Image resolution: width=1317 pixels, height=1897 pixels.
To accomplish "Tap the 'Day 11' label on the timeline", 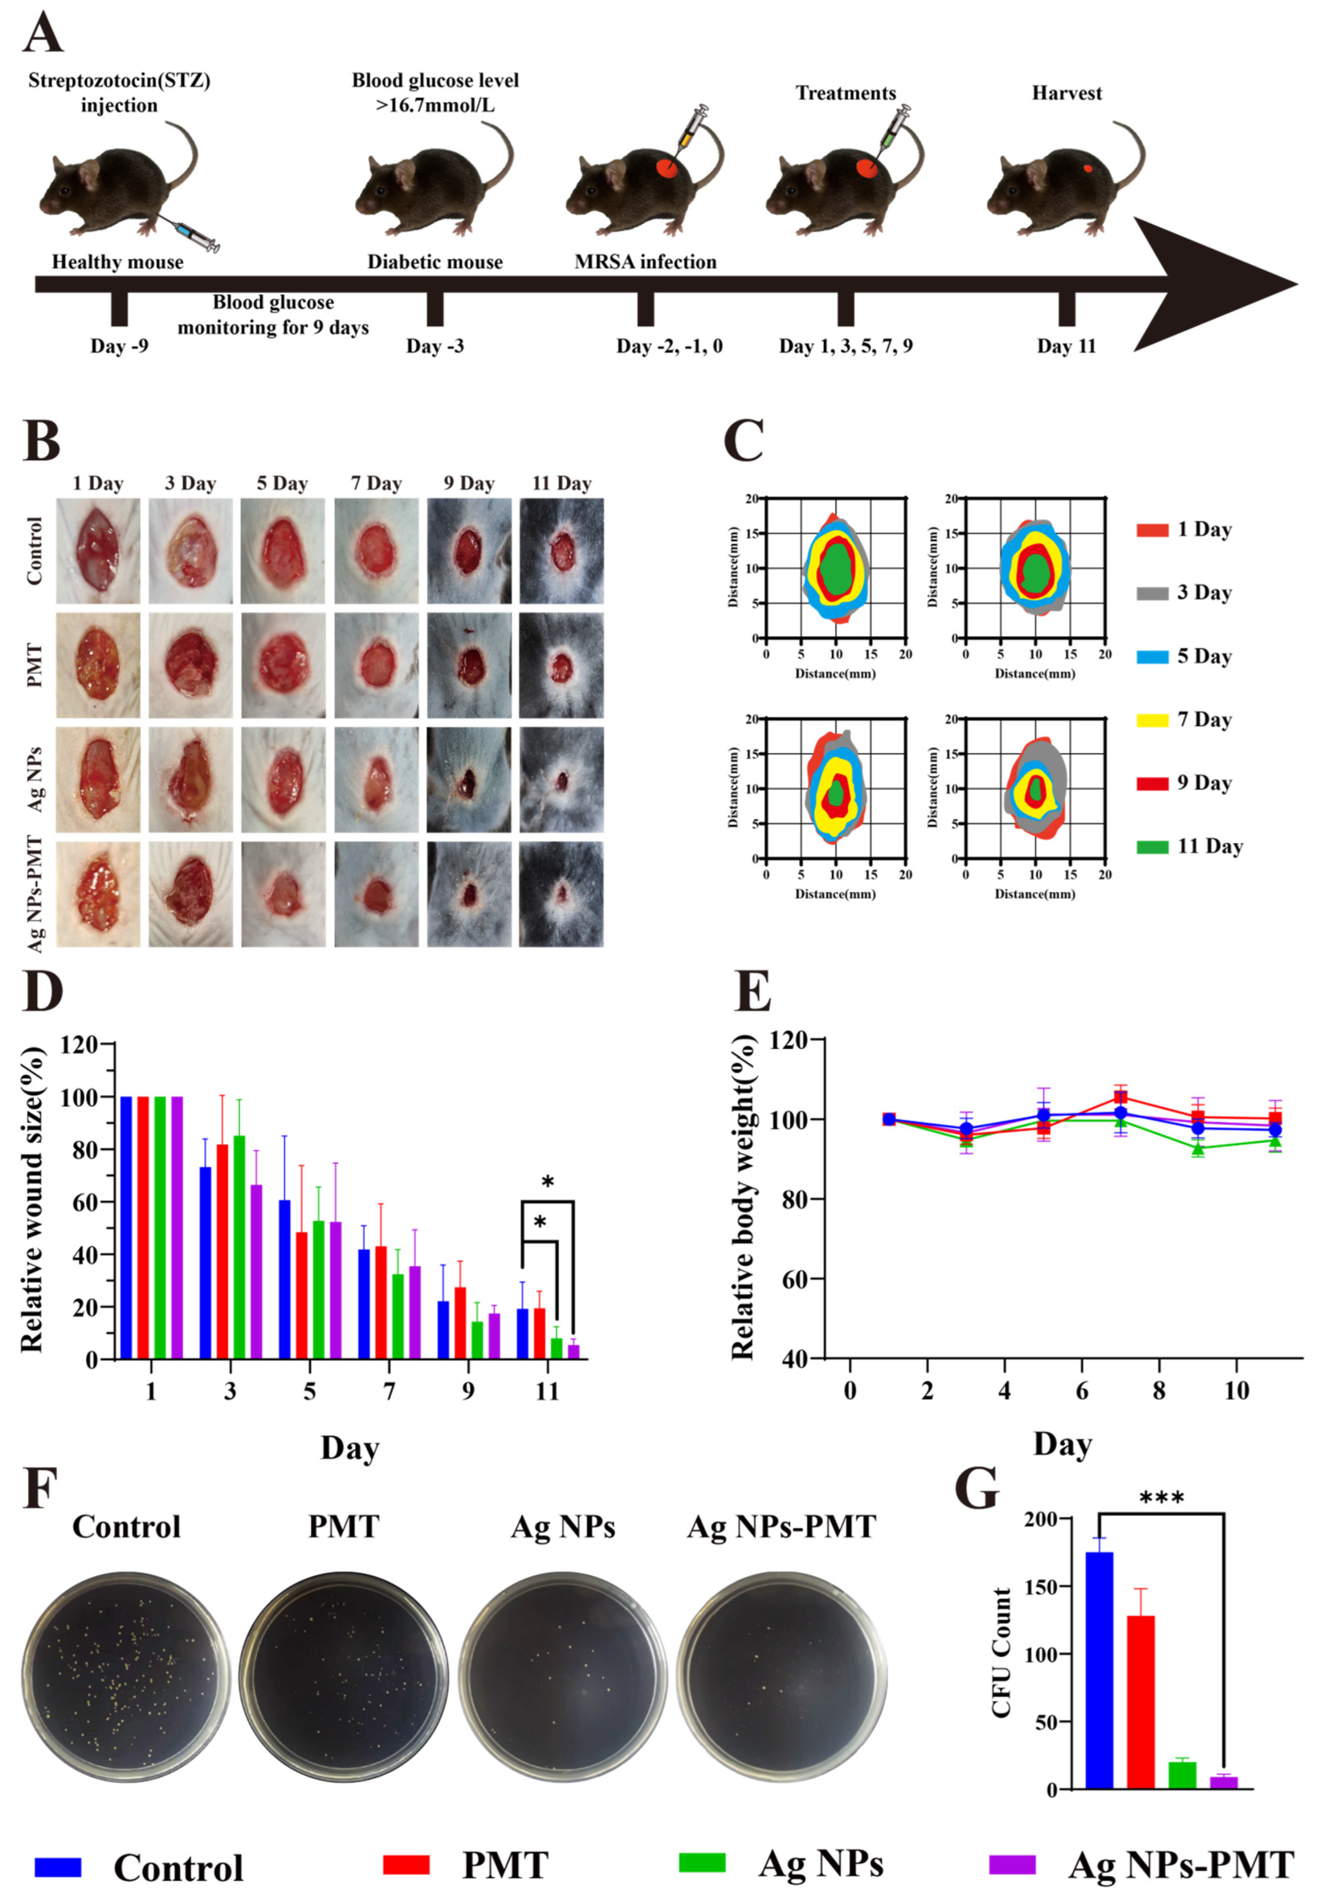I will coord(1066,346).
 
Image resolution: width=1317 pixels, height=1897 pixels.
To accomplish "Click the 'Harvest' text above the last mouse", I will coord(1066,93).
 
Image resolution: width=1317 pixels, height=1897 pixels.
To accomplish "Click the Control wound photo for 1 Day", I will coord(97,550).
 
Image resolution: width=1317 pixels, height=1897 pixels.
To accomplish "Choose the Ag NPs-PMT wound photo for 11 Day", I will coord(561,894).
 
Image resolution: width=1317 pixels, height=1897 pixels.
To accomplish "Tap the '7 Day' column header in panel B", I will coord(376,484).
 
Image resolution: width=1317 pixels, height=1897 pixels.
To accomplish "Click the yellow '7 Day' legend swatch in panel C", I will coord(1152,720).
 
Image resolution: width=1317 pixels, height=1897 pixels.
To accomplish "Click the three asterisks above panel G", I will coord(1161,1497).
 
